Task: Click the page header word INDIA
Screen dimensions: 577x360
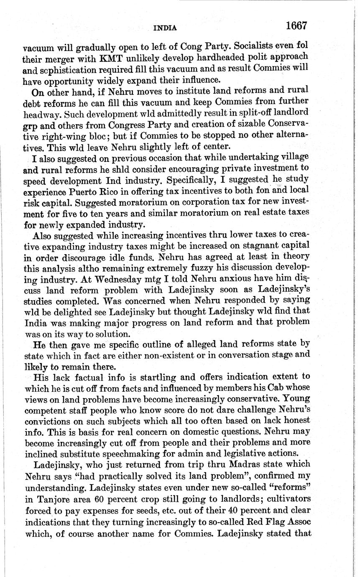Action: [x=165, y=28]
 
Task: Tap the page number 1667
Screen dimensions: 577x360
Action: [x=296, y=26]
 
